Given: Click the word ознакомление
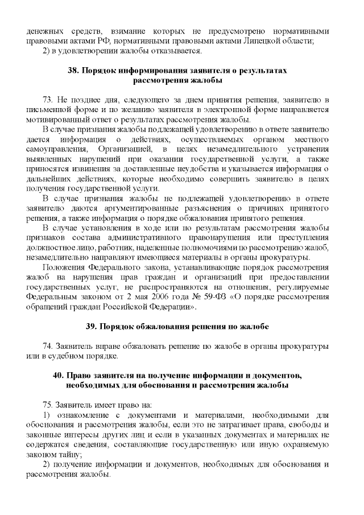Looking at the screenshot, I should click(77, 415).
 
